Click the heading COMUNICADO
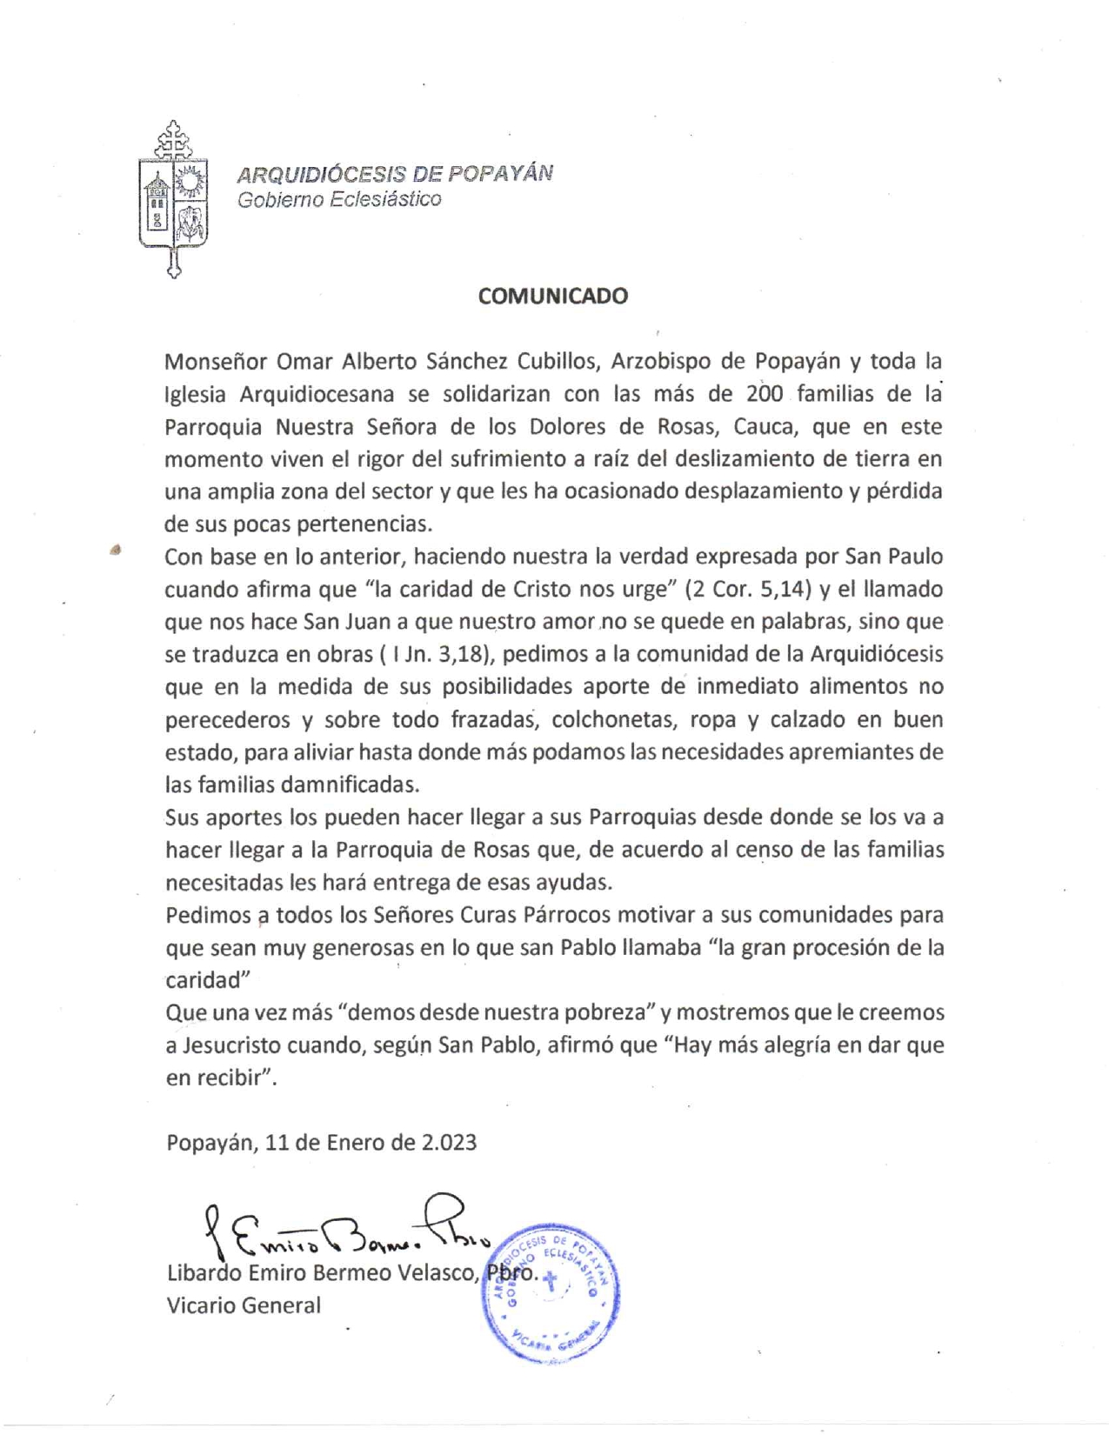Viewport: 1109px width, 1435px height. pyautogui.click(x=552, y=296)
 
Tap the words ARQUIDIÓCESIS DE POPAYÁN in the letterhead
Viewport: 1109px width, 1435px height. pyautogui.click(x=395, y=173)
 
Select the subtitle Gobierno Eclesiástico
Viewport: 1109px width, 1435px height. pyautogui.click(x=339, y=199)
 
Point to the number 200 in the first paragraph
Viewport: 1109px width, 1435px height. pyautogui.click(x=765, y=394)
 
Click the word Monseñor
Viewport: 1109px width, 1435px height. pyautogui.click(x=214, y=361)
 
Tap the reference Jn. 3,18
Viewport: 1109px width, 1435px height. pyautogui.click(x=444, y=655)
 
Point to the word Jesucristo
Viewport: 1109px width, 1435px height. pyautogui.click(x=234, y=1045)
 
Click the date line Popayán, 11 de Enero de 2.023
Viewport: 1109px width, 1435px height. pyautogui.click(x=322, y=1142)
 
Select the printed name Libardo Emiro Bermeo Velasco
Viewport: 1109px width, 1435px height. pyautogui.click(x=321, y=1274)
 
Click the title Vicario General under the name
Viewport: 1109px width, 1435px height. pyautogui.click(x=244, y=1305)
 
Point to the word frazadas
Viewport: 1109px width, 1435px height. pyautogui.click(x=497, y=720)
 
